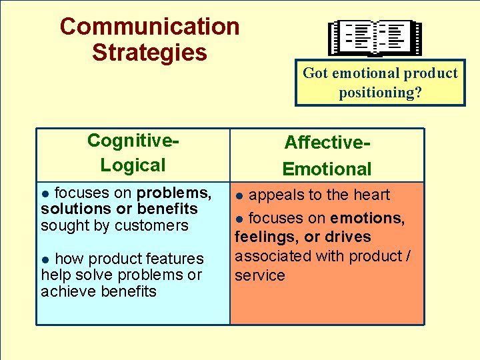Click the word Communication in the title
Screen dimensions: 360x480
[149, 27]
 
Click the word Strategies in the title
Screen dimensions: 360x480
[149, 52]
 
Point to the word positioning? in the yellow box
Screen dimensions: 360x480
[380, 92]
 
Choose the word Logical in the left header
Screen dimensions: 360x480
[133, 165]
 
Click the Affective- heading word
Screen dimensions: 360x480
[327, 142]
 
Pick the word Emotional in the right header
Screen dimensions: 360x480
[327, 169]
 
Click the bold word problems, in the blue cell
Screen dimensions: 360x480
[174, 193]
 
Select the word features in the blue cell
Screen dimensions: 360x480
[173, 258]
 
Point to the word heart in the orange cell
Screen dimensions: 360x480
[371, 195]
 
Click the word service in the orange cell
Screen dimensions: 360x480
[259, 275]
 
